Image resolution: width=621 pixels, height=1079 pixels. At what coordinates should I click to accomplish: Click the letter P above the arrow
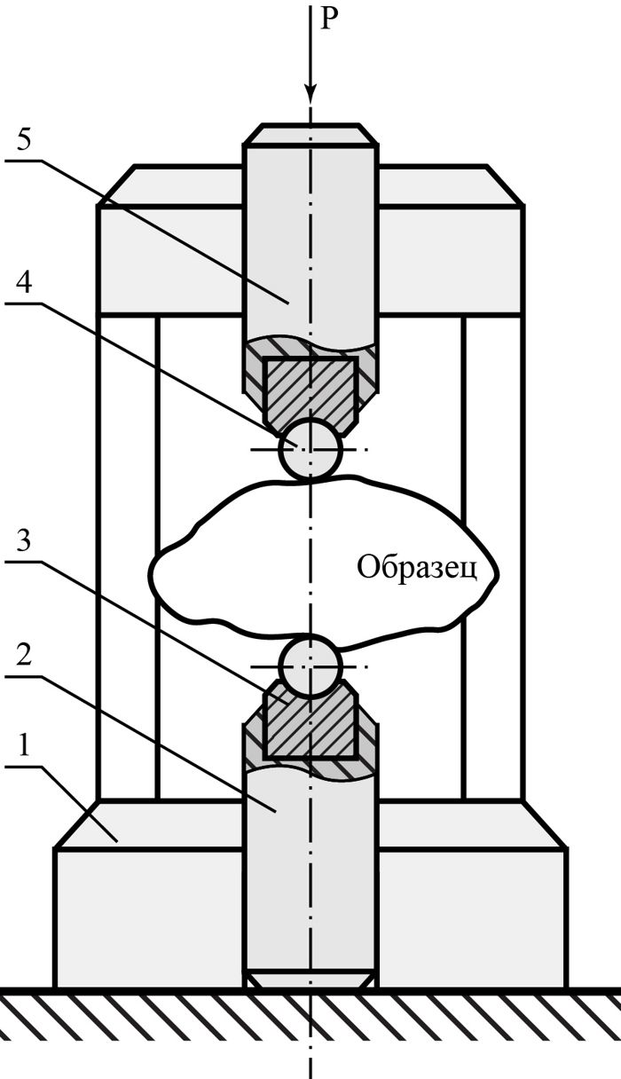[x=328, y=19]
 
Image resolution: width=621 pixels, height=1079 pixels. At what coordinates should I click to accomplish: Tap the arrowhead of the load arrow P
[x=310, y=92]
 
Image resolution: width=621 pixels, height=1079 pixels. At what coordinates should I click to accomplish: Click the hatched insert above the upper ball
[x=310, y=389]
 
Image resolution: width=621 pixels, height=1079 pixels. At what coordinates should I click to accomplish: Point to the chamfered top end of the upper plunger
[x=310, y=134]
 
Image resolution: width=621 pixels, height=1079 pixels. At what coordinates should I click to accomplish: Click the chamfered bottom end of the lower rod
[x=310, y=981]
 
